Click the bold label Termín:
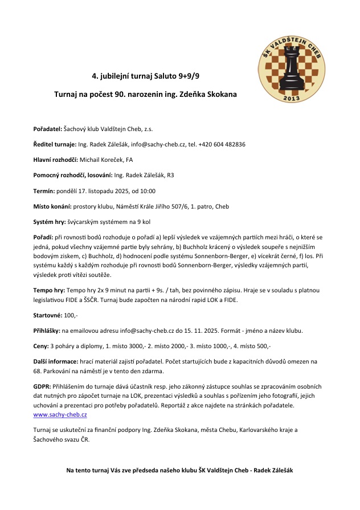point(47,191)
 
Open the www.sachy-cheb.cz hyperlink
point(60,415)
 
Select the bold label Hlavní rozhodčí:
point(55,160)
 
